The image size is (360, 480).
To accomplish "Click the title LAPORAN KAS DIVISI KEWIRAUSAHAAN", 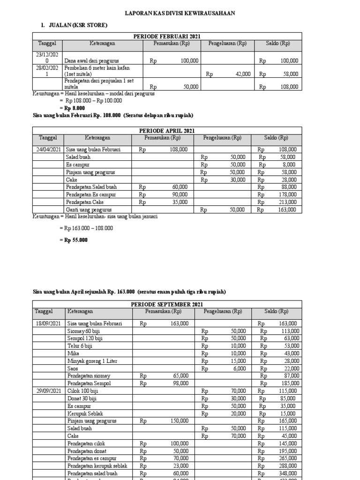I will (180, 14).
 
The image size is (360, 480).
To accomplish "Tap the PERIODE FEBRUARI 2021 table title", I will (167, 36).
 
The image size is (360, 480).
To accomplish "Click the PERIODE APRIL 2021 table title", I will (167, 130).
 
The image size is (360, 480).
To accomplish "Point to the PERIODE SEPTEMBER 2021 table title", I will (167, 304).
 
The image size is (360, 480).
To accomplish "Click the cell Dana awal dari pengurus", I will (92, 61).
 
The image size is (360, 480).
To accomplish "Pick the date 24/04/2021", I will (48, 150).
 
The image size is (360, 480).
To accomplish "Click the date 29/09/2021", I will (48, 391).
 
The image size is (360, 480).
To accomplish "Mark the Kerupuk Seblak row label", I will (85, 413).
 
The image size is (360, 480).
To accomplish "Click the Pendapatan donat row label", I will (86, 451).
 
